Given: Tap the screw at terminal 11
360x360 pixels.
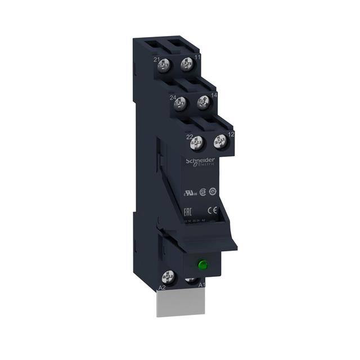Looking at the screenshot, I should tap(186, 66).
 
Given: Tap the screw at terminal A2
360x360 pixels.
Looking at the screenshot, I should tap(167, 276).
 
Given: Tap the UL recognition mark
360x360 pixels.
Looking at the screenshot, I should tap(184, 191).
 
